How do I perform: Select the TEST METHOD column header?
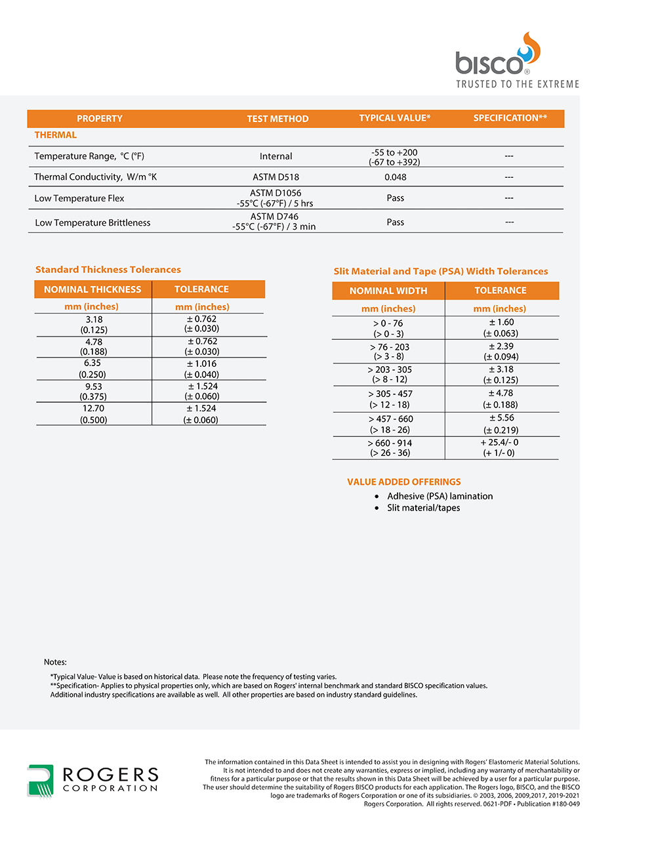277,119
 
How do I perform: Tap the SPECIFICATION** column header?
510,118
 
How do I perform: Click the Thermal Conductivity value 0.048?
395,177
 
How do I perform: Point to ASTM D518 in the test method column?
276,177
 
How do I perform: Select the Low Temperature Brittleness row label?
92,223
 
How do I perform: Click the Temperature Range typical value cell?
394,157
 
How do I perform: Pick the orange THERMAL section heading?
56,135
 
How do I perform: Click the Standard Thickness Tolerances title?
108,270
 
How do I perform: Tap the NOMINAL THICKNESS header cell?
92,289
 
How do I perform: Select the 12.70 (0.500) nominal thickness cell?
93,414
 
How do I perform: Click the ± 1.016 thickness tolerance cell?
201,369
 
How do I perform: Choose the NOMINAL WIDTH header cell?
388,291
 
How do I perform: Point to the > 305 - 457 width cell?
390,399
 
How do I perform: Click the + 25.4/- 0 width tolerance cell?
499,447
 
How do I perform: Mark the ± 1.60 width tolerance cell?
501,327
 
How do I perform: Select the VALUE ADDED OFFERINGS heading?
404,482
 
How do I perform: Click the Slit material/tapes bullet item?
423,508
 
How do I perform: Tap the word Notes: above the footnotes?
55,662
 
